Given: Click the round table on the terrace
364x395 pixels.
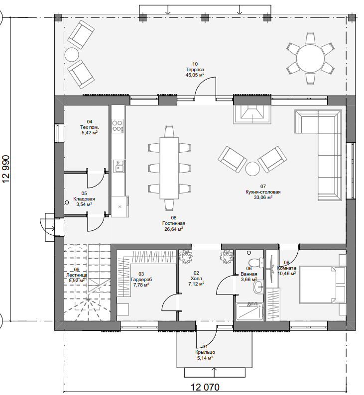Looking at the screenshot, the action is (310, 58).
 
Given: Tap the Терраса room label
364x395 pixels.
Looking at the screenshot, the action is (195, 70).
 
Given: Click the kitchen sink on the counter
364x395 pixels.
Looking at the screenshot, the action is (119, 166).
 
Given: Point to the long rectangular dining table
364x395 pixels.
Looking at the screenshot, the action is (169, 168).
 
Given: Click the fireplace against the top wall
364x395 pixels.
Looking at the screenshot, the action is (252, 114).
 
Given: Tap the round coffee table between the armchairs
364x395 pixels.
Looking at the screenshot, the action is (252, 169).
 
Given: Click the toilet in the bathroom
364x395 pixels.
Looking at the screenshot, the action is (255, 263).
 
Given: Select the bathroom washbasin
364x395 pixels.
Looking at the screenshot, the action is (258, 287).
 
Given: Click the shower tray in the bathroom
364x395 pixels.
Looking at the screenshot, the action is (249, 312).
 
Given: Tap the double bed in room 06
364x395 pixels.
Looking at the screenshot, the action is (319, 285).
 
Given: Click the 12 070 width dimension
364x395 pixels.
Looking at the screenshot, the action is (205, 387).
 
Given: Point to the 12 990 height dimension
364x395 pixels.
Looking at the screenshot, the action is (6, 169).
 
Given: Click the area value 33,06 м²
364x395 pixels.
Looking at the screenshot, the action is (263, 197).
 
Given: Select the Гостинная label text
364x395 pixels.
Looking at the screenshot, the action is (174, 223).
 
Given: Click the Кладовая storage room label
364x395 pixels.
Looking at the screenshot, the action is (84, 199).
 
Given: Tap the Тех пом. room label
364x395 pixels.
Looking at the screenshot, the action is (90, 127).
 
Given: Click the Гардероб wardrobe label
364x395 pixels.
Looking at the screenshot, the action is (141, 280).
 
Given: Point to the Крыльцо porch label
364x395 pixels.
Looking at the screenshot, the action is (205, 352).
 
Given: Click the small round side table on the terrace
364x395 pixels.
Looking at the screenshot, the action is (72, 54).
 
